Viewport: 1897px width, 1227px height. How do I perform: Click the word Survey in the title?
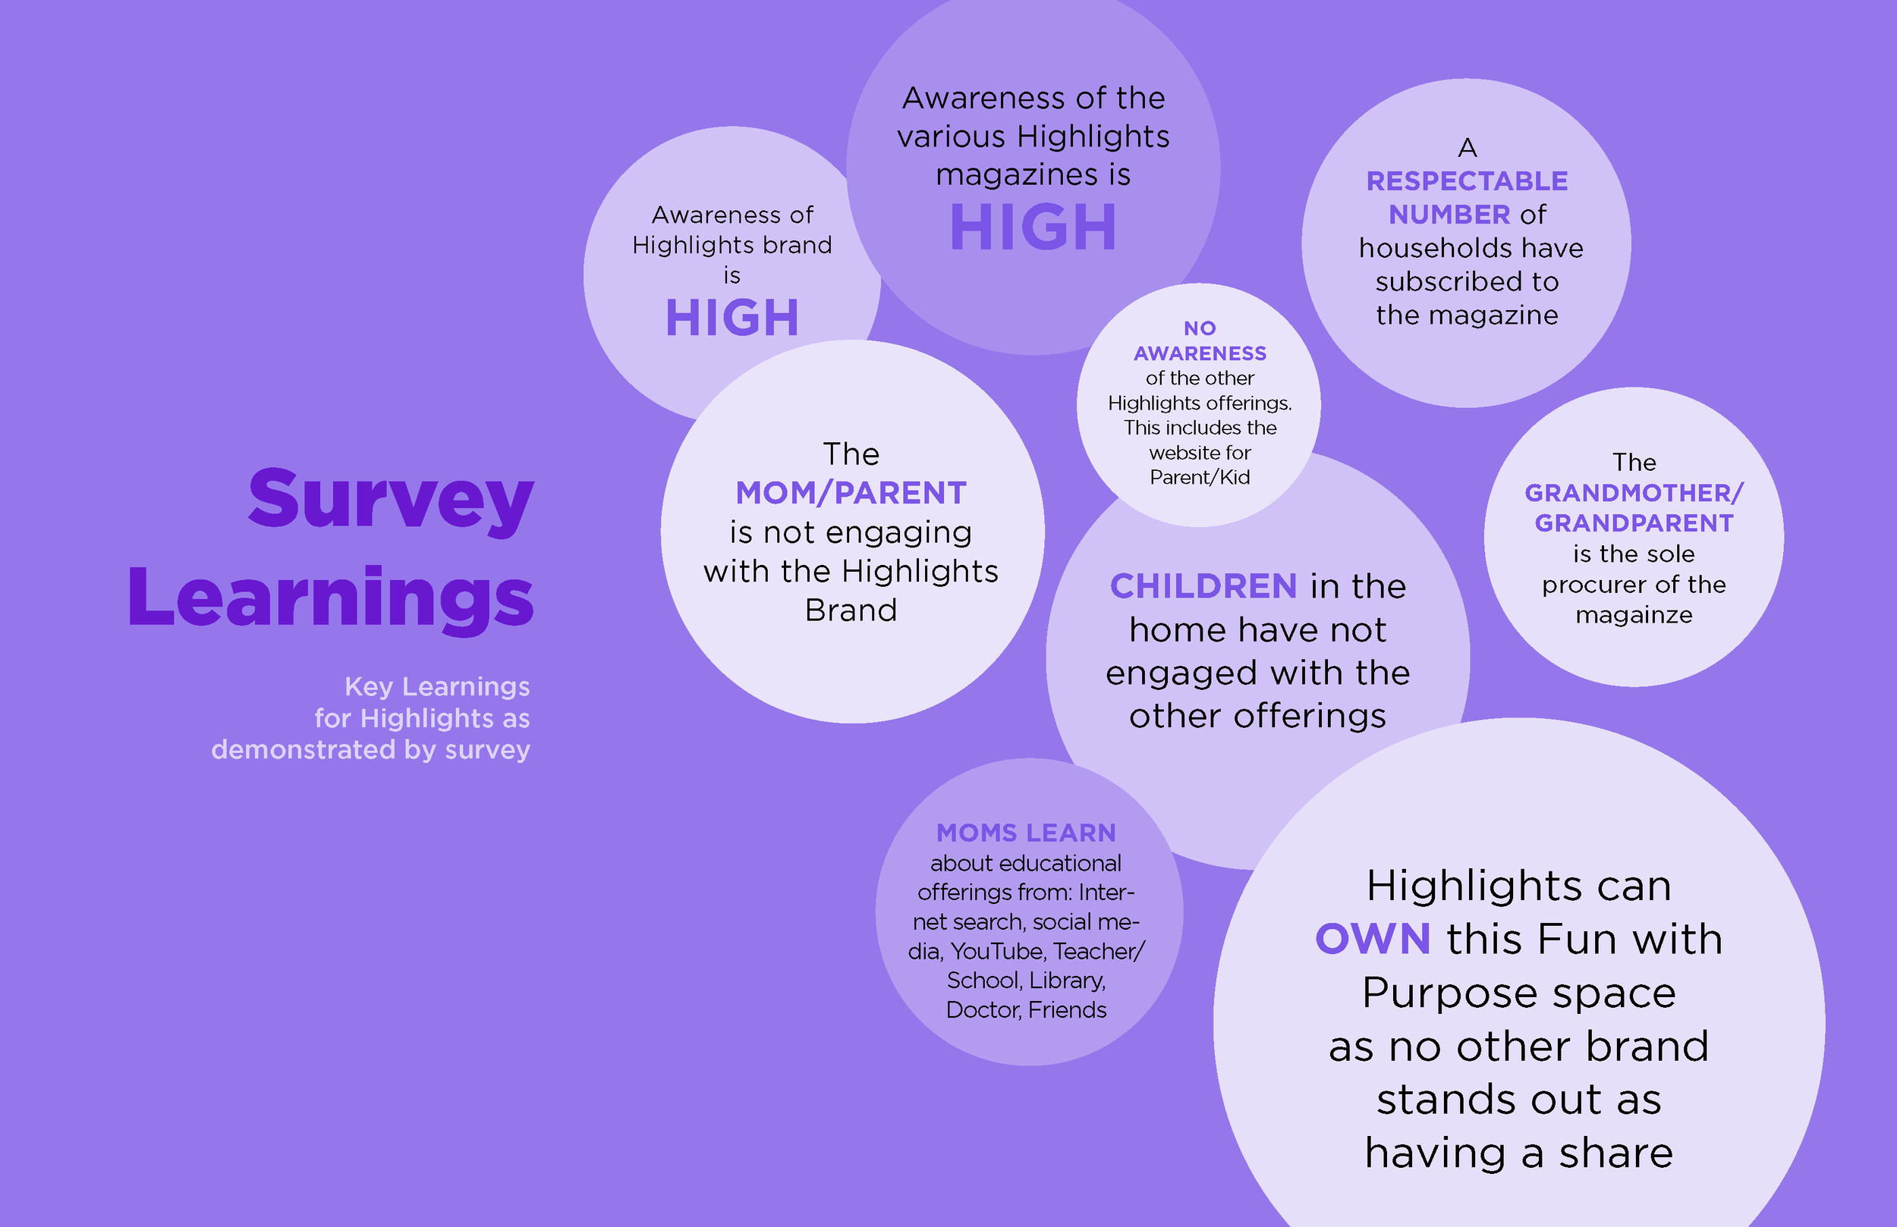coord(391,500)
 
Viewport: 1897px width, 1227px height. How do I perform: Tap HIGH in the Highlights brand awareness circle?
coord(731,318)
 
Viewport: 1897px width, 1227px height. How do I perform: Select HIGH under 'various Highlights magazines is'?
coord(1033,227)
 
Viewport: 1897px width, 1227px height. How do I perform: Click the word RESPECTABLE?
coord(1467,180)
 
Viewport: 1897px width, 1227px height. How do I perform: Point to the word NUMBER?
coord(1449,215)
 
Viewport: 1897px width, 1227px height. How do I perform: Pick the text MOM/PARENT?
coord(851,493)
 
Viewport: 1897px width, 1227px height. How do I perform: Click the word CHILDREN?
coord(1203,586)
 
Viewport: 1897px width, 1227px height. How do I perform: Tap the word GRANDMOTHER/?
coord(1634,493)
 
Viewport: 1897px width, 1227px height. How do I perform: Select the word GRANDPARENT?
coord(1634,523)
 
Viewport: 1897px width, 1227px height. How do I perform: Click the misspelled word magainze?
coord(1634,615)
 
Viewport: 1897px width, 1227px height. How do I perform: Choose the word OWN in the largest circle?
coord(1373,939)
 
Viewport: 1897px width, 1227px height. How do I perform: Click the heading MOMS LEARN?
coord(1026,833)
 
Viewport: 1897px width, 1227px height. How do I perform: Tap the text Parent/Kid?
coord(1200,477)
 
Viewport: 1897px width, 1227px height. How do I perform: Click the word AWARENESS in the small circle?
coord(1200,353)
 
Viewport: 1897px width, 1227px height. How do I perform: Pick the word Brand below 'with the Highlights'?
coord(851,610)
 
